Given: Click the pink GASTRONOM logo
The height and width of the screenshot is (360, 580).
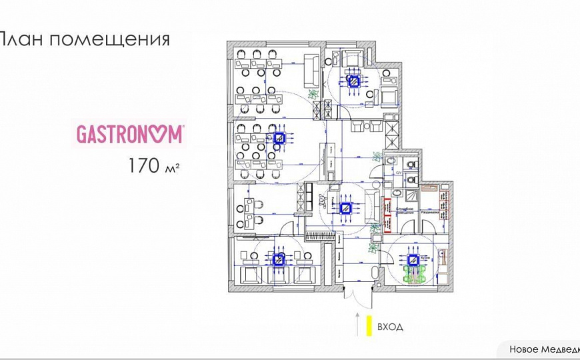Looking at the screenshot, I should click(x=130, y=134).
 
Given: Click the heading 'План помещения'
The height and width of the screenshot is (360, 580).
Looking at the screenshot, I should click(x=83, y=39).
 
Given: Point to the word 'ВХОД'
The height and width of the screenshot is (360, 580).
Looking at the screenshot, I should click(x=389, y=327).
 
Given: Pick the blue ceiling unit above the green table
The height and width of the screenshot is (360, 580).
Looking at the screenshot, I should click(x=413, y=259).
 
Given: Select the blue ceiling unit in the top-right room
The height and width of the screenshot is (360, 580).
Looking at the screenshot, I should click(x=354, y=81).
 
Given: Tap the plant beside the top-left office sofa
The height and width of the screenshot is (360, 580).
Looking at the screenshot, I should click(x=313, y=95).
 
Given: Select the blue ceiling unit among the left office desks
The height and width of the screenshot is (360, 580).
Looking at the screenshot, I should click(x=279, y=139).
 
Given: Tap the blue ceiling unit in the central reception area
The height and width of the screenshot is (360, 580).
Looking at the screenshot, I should click(x=346, y=207).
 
